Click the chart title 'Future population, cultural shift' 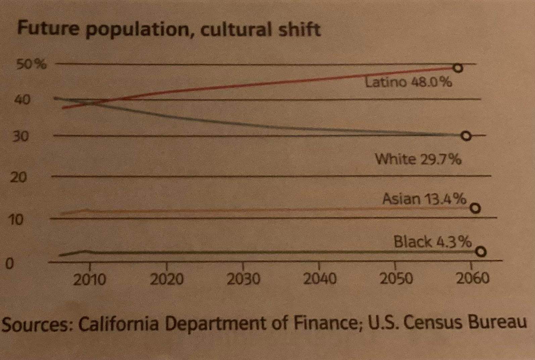click(169, 30)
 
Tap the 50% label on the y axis click(32, 64)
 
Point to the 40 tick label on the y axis click(22, 100)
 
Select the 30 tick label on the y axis click(20, 136)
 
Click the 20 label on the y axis click(18, 177)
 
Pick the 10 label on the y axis click(16, 220)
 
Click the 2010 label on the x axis click(89, 279)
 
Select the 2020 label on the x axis click(166, 279)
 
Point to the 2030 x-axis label click(243, 279)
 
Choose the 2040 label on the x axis click(320, 279)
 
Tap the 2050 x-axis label click(396, 279)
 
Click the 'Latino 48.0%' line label click(408, 82)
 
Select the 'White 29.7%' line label click(418, 159)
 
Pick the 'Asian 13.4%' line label click(424, 199)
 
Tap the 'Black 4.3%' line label click(433, 241)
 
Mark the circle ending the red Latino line click(458, 68)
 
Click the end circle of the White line click(466, 136)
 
